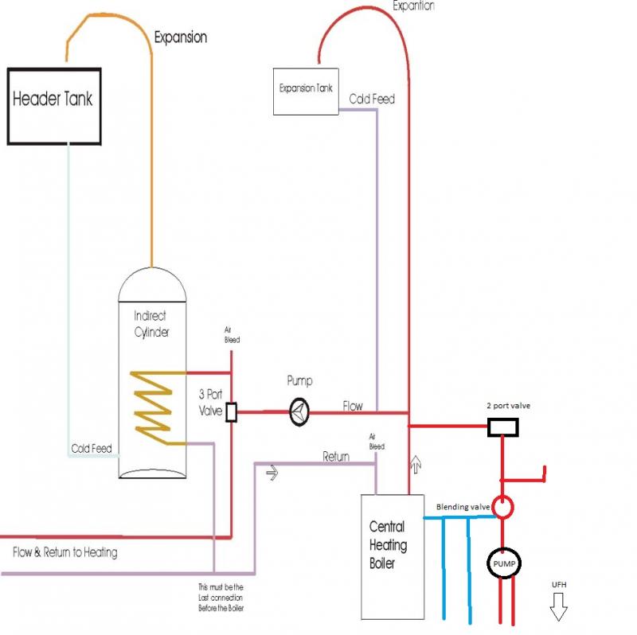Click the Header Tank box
click(x=54, y=106)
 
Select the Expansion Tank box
click(x=306, y=89)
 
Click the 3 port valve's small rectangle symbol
click(x=232, y=412)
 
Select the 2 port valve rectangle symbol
click(x=503, y=428)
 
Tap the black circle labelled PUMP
click(x=503, y=564)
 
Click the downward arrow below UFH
click(x=558, y=609)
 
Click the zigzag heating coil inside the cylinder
click(x=154, y=406)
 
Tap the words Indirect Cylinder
click(x=150, y=325)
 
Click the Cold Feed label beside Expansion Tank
click(x=372, y=99)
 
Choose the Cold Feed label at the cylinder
click(x=92, y=449)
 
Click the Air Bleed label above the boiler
click(x=377, y=442)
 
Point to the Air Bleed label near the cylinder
click(x=232, y=334)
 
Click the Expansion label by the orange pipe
click(x=180, y=37)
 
